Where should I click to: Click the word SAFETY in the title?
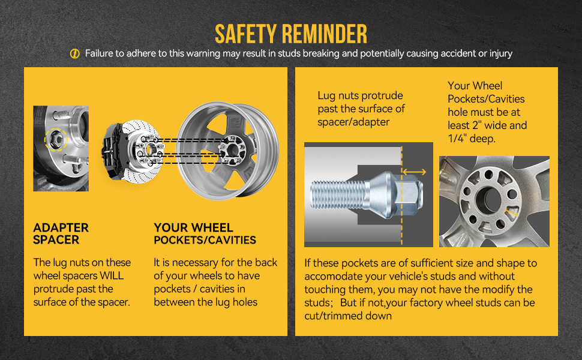tap(246, 34)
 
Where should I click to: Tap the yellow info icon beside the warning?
tap(75, 54)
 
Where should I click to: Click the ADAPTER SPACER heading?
tap(61, 233)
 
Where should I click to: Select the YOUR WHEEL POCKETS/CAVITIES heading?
tap(205, 233)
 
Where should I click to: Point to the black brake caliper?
tap(112, 151)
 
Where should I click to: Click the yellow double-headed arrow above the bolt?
tap(414, 172)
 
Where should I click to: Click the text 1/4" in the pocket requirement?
tap(457, 139)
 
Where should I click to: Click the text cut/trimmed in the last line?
tap(331, 316)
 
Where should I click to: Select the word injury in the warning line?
tap(501, 53)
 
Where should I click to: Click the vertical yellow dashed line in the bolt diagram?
tap(401, 196)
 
